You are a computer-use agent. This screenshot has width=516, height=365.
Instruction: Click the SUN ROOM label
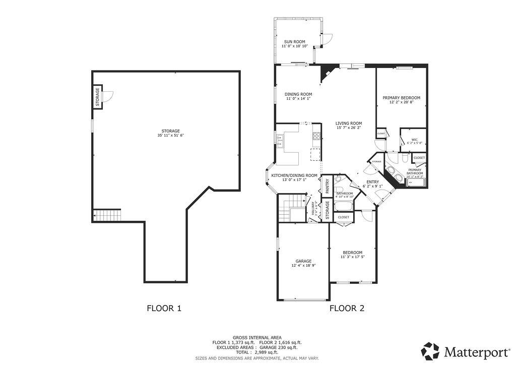coord(294,42)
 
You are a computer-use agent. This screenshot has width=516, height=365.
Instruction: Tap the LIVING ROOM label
coord(349,123)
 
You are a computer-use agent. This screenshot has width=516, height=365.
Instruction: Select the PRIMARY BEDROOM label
coord(401,98)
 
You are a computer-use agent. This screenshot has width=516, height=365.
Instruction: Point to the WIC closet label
coord(414,140)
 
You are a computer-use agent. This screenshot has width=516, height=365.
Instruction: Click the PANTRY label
coord(327,186)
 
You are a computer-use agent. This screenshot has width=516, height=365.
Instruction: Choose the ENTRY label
coord(372,182)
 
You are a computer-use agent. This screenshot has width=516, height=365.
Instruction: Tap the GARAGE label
coord(303,261)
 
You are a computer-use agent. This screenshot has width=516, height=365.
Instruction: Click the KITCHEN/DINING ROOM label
coord(294,175)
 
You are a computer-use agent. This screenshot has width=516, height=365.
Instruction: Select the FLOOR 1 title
coord(164,308)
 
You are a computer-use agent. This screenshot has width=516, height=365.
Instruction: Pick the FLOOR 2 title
coord(347,308)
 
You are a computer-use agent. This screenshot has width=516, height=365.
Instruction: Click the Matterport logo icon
coord(430,350)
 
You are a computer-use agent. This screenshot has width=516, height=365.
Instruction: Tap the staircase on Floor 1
coord(107,215)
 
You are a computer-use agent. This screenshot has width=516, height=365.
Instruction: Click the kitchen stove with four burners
coord(316,136)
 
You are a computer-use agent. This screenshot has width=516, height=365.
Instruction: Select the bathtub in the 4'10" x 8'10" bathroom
coord(344,206)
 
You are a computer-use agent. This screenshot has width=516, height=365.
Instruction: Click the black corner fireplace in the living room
coord(325,72)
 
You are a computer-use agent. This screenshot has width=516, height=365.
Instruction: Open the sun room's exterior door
coord(327,38)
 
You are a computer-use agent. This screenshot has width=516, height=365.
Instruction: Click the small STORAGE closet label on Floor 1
coord(97,97)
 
